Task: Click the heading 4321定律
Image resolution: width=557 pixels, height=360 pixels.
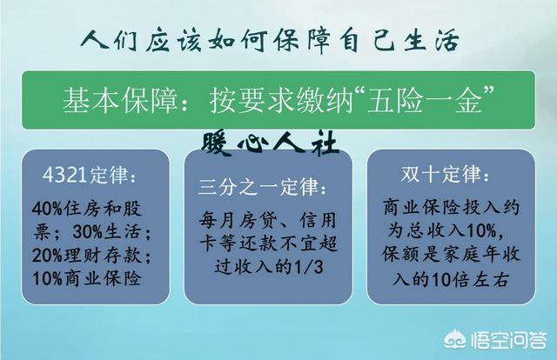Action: tap(84, 175)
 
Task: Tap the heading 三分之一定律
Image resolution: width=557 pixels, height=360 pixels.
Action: tap(258, 187)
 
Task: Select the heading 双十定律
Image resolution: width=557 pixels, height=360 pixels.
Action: tap(440, 174)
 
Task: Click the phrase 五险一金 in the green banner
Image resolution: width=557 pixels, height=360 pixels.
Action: tap(425, 101)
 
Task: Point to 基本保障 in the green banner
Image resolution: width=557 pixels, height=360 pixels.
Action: tap(119, 101)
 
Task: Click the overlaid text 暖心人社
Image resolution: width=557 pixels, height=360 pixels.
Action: tap(269, 143)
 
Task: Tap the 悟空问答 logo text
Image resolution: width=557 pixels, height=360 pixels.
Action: tap(508, 341)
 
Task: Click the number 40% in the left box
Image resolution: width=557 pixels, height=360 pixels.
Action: tap(47, 209)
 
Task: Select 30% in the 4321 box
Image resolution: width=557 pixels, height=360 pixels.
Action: tap(87, 232)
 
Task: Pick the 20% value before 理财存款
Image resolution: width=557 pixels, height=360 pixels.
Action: tap(47, 256)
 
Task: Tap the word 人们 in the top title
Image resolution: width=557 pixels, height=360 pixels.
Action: tap(109, 41)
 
